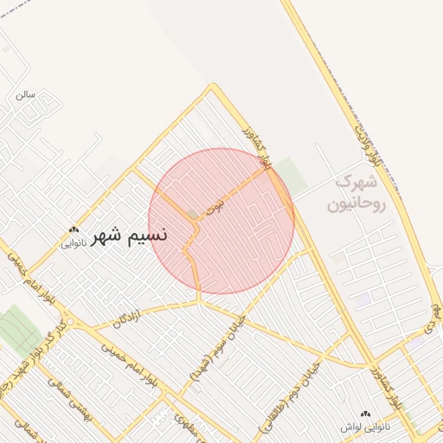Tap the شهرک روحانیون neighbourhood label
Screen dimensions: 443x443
[350, 194]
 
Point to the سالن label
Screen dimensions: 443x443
[25, 95]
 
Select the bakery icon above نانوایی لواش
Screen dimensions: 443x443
[364, 414]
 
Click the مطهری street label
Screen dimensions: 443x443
[187, 423]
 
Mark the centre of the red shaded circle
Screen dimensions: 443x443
[221, 221]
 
